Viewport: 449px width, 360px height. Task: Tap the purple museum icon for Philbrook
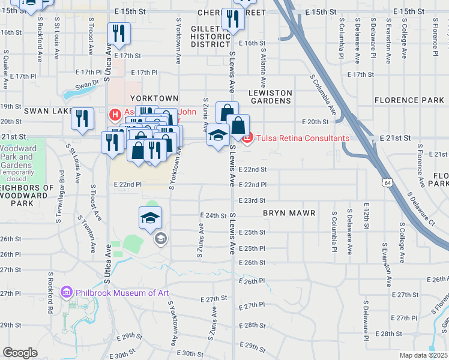pos(67,293)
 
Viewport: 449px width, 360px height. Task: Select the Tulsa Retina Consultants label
pos(302,138)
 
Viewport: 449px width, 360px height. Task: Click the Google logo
pos(20,353)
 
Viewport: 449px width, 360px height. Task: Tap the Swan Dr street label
pos(87,89)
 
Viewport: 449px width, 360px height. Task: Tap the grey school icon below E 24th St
pos(160,239)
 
